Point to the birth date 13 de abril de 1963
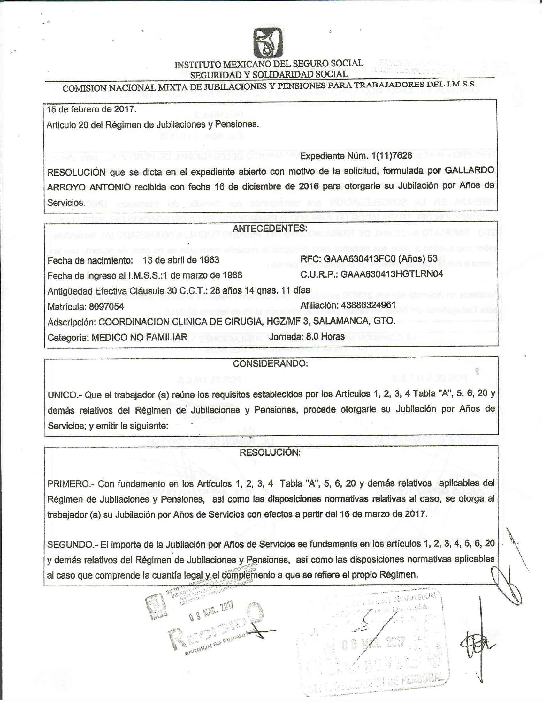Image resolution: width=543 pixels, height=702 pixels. pyautogui.click(x=181, y=260)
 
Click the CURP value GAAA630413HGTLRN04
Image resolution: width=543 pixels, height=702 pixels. pyautogui.click(x=392, y=274)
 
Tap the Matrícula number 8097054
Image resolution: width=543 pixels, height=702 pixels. pyautogui.click(x=106, y=306)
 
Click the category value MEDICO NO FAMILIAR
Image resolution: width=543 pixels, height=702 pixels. pyautogui.click(x=139, y=337)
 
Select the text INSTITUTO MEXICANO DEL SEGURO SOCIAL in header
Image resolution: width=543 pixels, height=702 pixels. pyautogui.click(x=269, y=63)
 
